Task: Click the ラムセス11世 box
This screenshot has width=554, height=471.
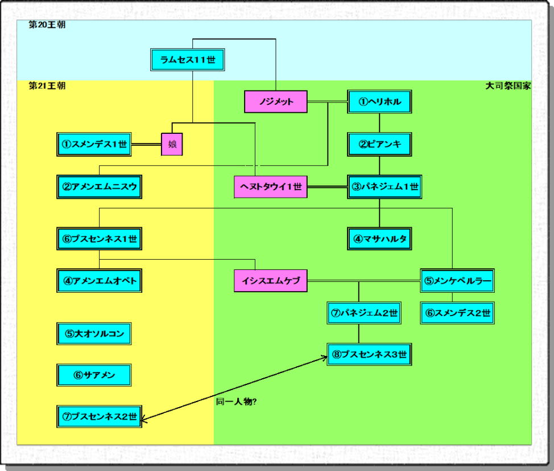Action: tap(188, 60)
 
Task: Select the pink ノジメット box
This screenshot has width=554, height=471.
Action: tap(276, 102)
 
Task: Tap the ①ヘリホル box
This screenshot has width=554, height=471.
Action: tap(379, 102)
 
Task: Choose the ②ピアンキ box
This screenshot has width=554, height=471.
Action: tap(379, 144)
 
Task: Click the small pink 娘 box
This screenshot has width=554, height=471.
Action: tap(172, 144)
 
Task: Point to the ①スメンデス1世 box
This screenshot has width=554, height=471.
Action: tap(94, 144)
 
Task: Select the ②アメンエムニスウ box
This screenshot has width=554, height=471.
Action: tap(100, 186)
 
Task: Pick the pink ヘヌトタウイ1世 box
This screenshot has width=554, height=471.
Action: tap(271, 186)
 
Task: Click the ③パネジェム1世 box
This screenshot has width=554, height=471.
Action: tap(385, 186)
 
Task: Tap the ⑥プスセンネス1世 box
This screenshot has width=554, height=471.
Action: tap(100, 239)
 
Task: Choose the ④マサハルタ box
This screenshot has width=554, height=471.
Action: tap(379, 239)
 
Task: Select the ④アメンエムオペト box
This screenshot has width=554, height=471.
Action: tap(100, 281)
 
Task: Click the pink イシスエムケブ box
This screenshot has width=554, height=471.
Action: tap(271, 281)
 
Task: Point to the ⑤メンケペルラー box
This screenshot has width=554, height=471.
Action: tap(457, 281)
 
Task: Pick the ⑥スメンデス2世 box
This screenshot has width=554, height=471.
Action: tap(457, 313)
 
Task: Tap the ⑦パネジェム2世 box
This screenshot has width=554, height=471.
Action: tap(363, 313)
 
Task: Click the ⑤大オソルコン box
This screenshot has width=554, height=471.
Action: tap(94, 333)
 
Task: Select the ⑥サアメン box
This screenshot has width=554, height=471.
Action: tap(94, 375)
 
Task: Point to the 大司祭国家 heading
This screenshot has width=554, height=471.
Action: tap(508, 86)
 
